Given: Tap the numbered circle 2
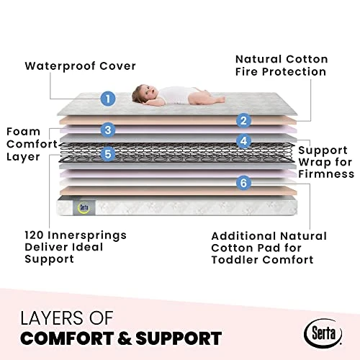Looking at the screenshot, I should (244, 120).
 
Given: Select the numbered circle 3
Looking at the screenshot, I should (107, 130).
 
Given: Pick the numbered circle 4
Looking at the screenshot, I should (244, 140).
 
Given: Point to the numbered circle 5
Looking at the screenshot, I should (107, 153).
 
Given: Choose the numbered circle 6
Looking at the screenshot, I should (244, 183).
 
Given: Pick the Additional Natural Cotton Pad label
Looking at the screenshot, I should (269, 247).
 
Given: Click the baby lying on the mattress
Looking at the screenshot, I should (171, 97).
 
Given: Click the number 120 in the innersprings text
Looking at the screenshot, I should (35, 235).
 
